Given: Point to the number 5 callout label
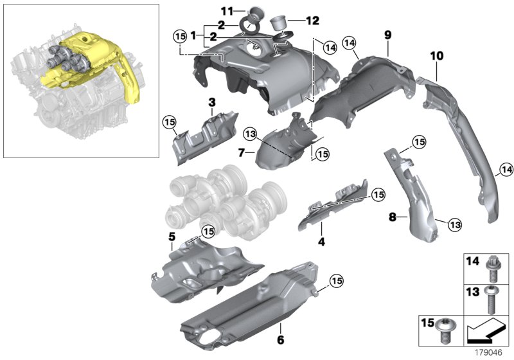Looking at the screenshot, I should tap(172, 237).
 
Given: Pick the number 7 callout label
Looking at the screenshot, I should tap(242, 154).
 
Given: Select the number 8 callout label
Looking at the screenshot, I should tap(393, 218).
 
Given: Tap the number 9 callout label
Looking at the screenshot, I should tap(387, 32).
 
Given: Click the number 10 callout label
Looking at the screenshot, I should tap(436, 57).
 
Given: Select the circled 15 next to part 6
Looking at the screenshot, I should tap(338, 279).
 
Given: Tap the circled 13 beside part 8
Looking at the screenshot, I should tap(454, 224).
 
